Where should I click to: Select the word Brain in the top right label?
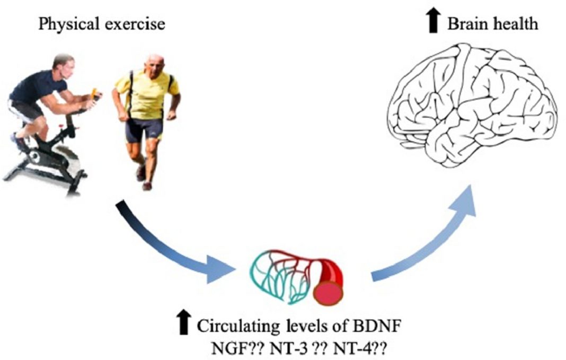point(465,23)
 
